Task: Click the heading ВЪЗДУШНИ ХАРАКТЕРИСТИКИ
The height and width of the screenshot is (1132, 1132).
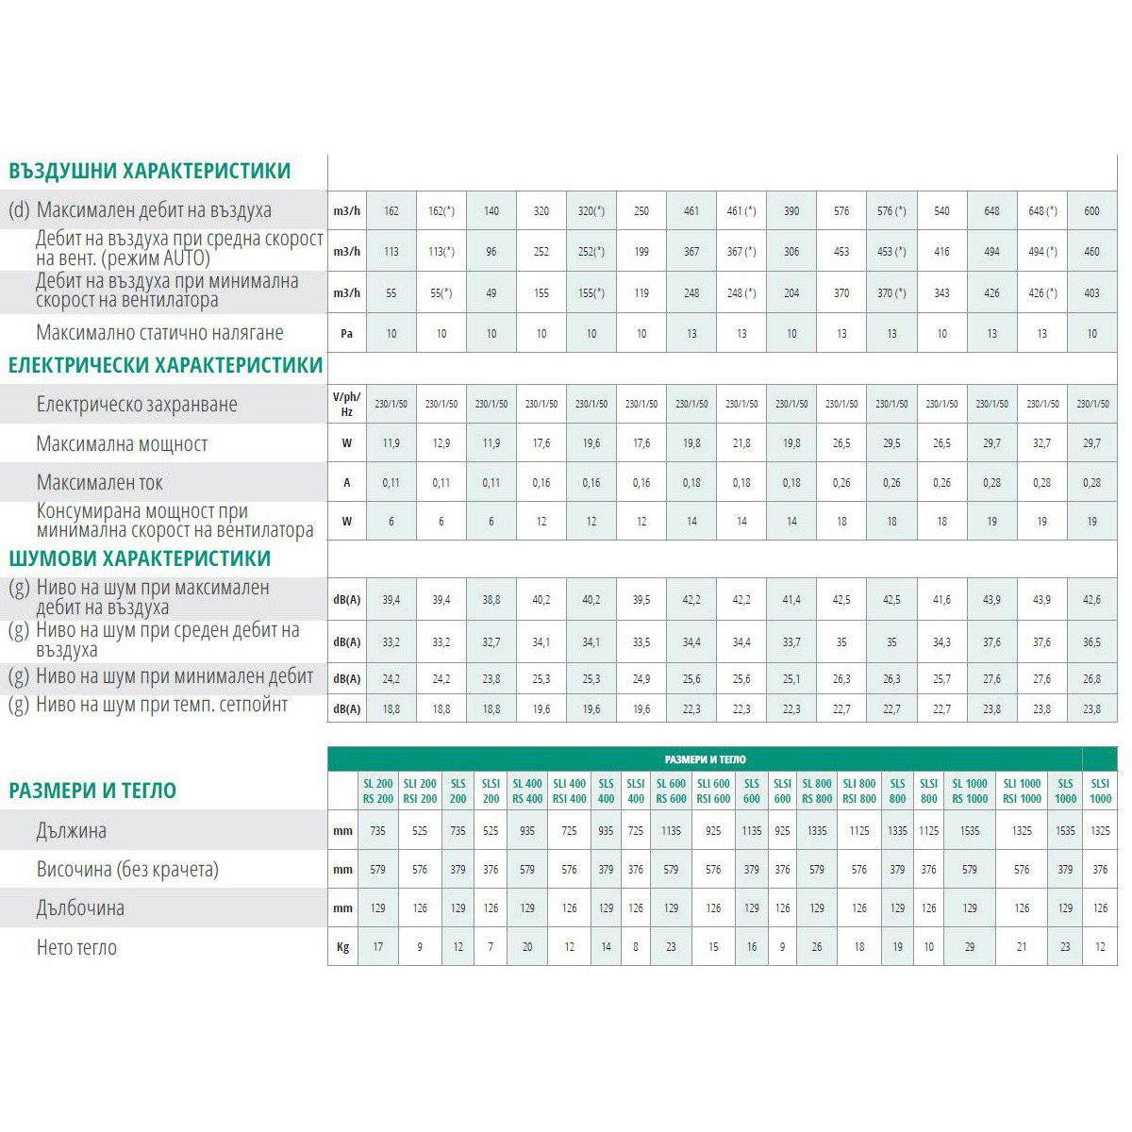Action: pos(150,172)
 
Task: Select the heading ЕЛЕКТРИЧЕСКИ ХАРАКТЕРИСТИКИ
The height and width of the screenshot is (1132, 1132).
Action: pos(166,366)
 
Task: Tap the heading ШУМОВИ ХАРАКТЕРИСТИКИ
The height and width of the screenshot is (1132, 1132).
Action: pos(140,558)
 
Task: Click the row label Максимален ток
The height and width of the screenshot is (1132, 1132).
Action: pos(99,483)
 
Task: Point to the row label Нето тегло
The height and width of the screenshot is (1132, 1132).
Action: pos(76,947)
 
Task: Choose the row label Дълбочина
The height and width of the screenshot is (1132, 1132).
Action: pos(80,908)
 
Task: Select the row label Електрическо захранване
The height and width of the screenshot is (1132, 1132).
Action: pos(137,405)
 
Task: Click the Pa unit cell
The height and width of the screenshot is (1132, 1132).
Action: pos(346,333)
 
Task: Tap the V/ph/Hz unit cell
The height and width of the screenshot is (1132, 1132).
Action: pos(346,404)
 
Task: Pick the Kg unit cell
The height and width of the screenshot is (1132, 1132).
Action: pos(342,947)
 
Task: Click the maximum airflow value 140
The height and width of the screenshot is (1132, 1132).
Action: pos(491,211)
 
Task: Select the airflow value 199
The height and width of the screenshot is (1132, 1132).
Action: pos(641,252)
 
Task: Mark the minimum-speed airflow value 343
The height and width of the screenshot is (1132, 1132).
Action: pos(941,293)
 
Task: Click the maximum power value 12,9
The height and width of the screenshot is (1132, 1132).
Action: pos(441,443)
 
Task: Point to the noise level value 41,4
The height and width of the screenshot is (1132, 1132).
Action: pos(791,600)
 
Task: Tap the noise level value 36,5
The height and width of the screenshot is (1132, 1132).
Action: pos(1091,642)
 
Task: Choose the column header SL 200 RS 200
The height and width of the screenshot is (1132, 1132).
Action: pos(378,791)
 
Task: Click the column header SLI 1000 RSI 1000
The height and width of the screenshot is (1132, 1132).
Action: pos(1022,791)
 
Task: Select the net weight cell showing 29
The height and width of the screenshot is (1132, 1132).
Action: pos(970,947)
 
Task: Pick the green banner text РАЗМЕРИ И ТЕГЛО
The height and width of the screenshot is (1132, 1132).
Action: pos(705,759)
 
